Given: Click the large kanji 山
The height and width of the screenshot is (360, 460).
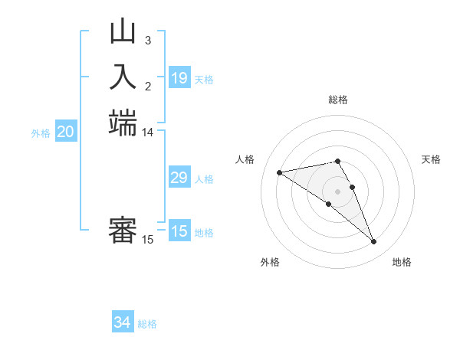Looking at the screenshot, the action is (123, 33).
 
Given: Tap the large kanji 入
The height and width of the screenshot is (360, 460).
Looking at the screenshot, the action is (123, 77).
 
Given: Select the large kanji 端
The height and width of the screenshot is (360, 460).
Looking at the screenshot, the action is (123, 123).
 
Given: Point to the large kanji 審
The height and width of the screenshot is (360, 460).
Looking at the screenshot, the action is (123, 231).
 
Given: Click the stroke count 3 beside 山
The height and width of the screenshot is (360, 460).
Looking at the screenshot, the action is (147, 40).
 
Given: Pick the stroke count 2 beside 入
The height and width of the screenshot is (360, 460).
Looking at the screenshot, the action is (147, 85).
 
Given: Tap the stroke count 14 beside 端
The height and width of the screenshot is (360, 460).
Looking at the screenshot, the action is (147, 133).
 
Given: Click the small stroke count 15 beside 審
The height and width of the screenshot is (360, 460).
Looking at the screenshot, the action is (147, 240).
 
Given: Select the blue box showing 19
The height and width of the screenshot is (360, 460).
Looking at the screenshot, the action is (179, 77).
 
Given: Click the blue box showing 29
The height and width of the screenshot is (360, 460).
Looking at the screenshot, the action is (179, 178).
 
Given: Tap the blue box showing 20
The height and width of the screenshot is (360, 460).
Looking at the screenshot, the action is (66, 132).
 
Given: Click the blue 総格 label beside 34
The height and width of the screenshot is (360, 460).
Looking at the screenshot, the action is (147, 324).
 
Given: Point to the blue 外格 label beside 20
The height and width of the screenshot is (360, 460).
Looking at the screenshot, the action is (41, 133).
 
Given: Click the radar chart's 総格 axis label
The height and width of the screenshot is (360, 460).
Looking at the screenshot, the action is (338, 100).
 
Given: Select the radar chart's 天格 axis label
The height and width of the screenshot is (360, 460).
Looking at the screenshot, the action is (431, 159).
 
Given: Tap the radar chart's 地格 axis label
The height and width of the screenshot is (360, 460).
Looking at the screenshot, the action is (402, 262).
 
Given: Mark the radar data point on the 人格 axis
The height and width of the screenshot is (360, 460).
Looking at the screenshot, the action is (280, 172).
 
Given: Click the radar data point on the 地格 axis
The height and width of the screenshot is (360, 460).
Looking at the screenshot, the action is (374, 242).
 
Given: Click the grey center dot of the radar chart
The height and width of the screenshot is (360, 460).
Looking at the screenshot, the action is (338, 191).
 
